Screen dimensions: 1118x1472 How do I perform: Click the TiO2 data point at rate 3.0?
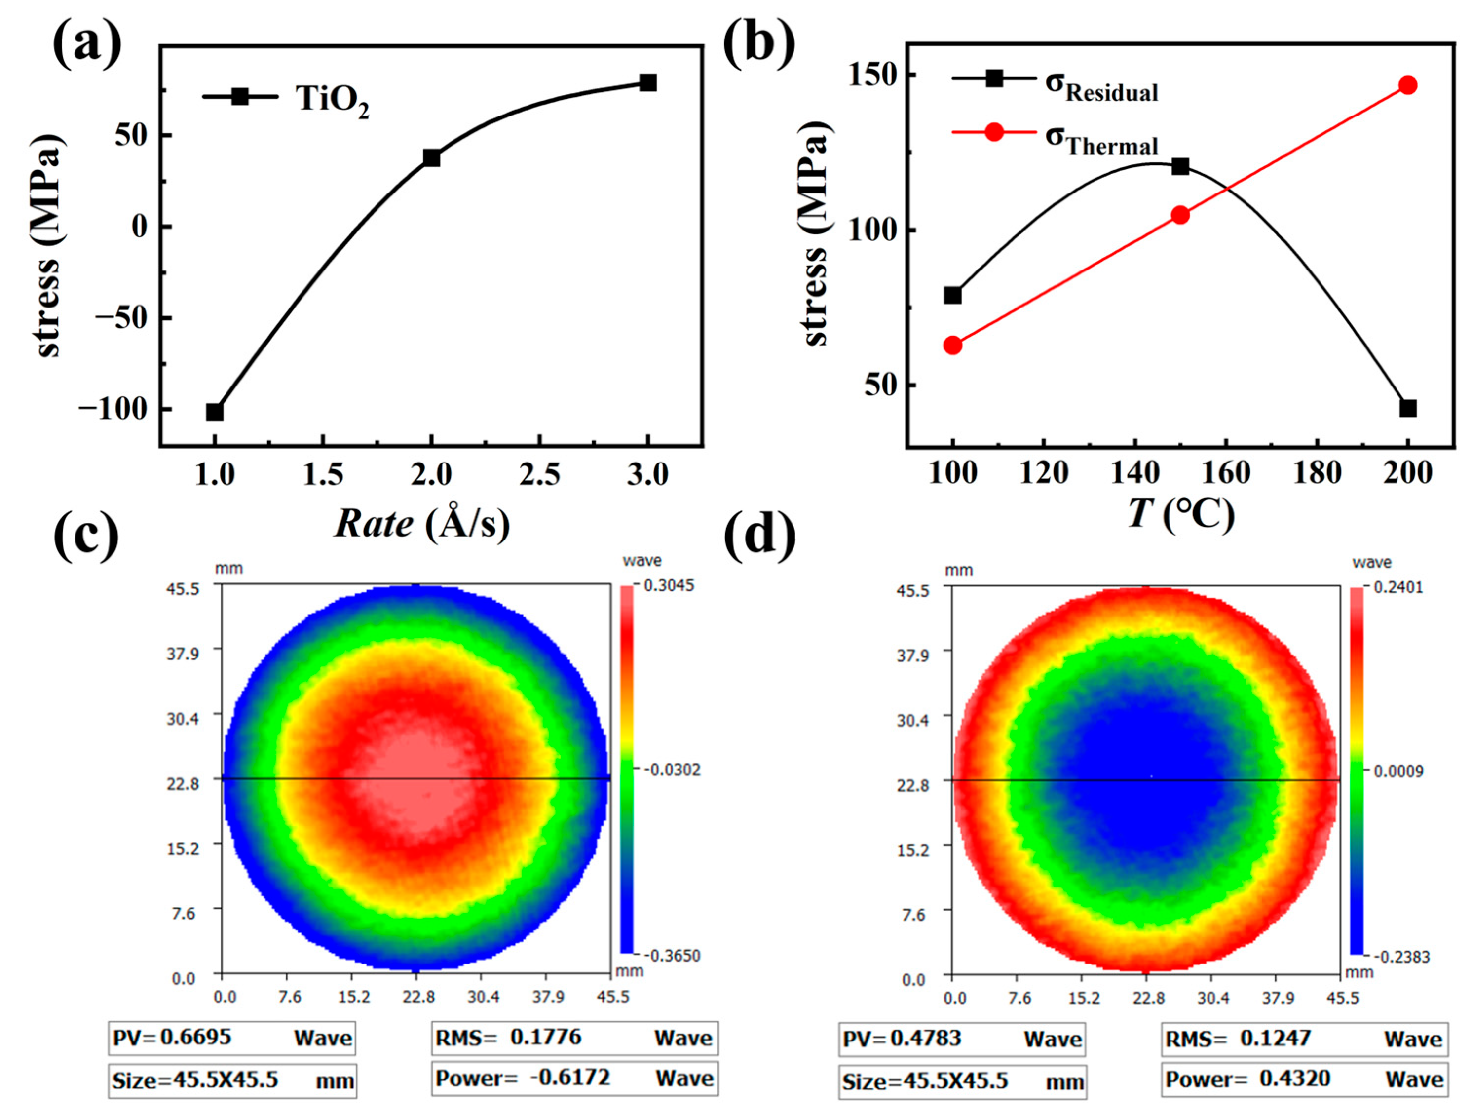pos(647,82)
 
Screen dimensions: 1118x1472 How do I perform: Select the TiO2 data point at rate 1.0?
pos(214,412)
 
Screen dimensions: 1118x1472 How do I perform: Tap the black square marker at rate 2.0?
pos(431,158)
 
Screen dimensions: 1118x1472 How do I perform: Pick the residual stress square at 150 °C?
pos(1180,166)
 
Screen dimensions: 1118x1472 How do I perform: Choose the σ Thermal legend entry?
pos(1101,140)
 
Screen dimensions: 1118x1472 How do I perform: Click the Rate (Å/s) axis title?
pos(422,524)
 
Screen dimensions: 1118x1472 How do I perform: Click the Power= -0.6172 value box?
pos(574,1078)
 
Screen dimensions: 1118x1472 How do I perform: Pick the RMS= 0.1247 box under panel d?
pos(1304,1039)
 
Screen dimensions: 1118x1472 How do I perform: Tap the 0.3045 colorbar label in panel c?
pos(668,585)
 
